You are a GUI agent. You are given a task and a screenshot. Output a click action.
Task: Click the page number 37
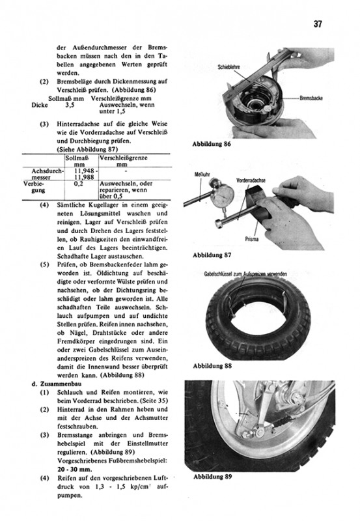click(318, 24)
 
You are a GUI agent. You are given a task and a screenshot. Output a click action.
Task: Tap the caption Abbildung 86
click(212, 145)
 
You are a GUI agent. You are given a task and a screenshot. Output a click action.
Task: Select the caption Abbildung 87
click(212, 255)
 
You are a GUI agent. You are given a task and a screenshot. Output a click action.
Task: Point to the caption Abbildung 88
click(212, 366)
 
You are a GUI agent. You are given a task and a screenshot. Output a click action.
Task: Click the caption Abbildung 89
click(212, 477)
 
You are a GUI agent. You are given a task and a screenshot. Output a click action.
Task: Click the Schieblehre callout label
click(228, 67)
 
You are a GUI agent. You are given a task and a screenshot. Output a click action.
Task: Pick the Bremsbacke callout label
click(311, 98)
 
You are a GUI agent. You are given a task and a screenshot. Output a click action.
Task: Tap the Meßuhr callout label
click(201, 175)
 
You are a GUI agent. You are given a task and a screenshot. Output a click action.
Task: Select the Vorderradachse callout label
click(251, 180)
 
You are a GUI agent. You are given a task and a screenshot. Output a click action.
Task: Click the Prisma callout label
click(252, 239)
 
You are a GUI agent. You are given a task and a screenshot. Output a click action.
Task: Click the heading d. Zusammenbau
click(57, 384)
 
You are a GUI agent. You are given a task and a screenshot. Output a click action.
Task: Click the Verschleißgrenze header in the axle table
click(124, 158)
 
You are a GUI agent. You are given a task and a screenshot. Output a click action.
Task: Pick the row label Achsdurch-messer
click(47, 174)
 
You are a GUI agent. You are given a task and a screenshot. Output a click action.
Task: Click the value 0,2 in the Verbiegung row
click(79, 184)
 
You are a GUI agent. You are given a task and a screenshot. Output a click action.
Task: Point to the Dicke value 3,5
click(70, 105)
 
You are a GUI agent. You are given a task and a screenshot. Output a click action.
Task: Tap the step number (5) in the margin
click(44, 265)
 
